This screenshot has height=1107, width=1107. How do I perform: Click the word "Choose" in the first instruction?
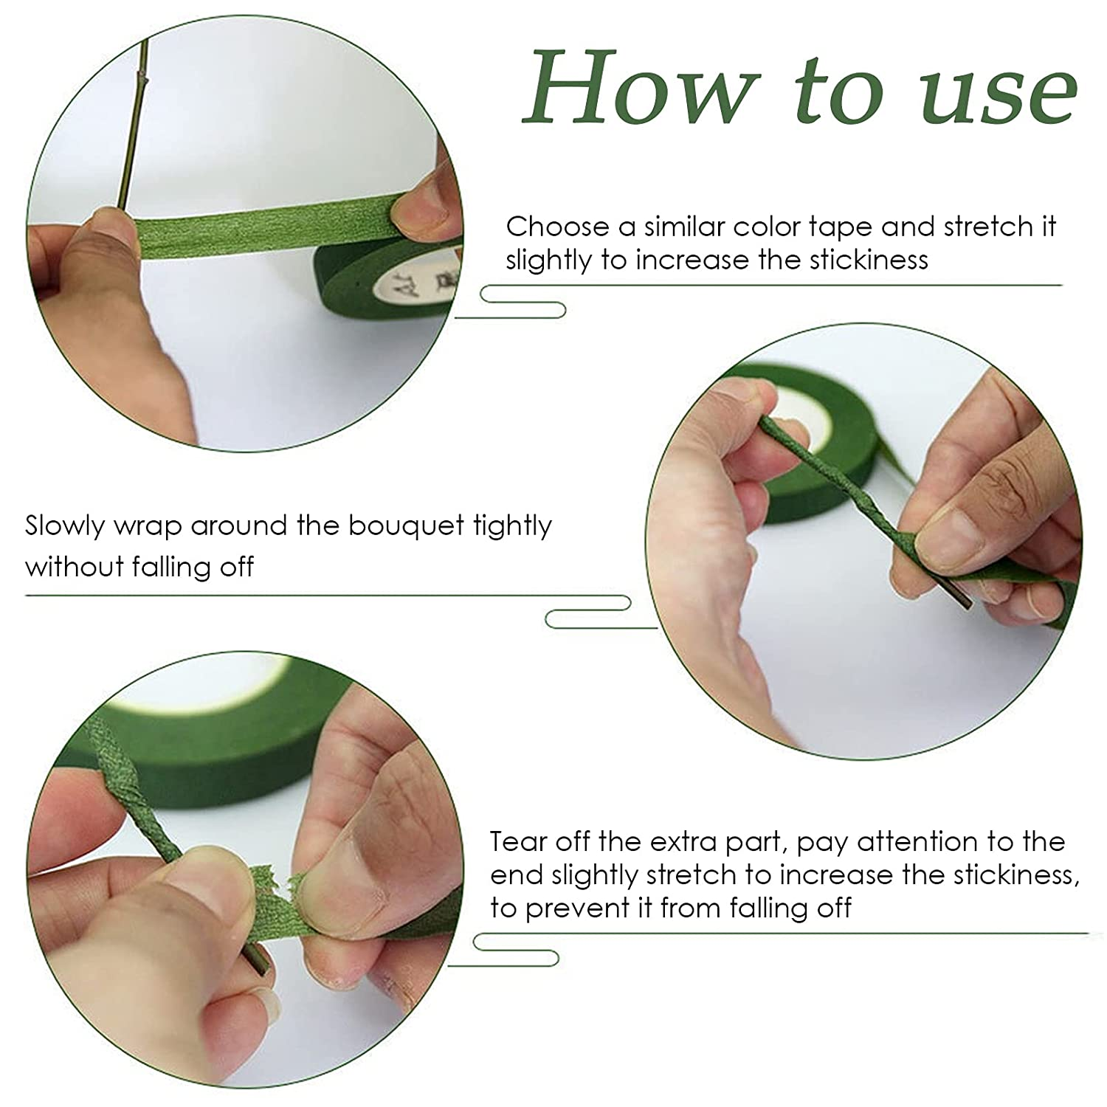click(x=559, y=226)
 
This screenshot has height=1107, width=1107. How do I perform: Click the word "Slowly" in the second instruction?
click(x=66, y=527)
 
